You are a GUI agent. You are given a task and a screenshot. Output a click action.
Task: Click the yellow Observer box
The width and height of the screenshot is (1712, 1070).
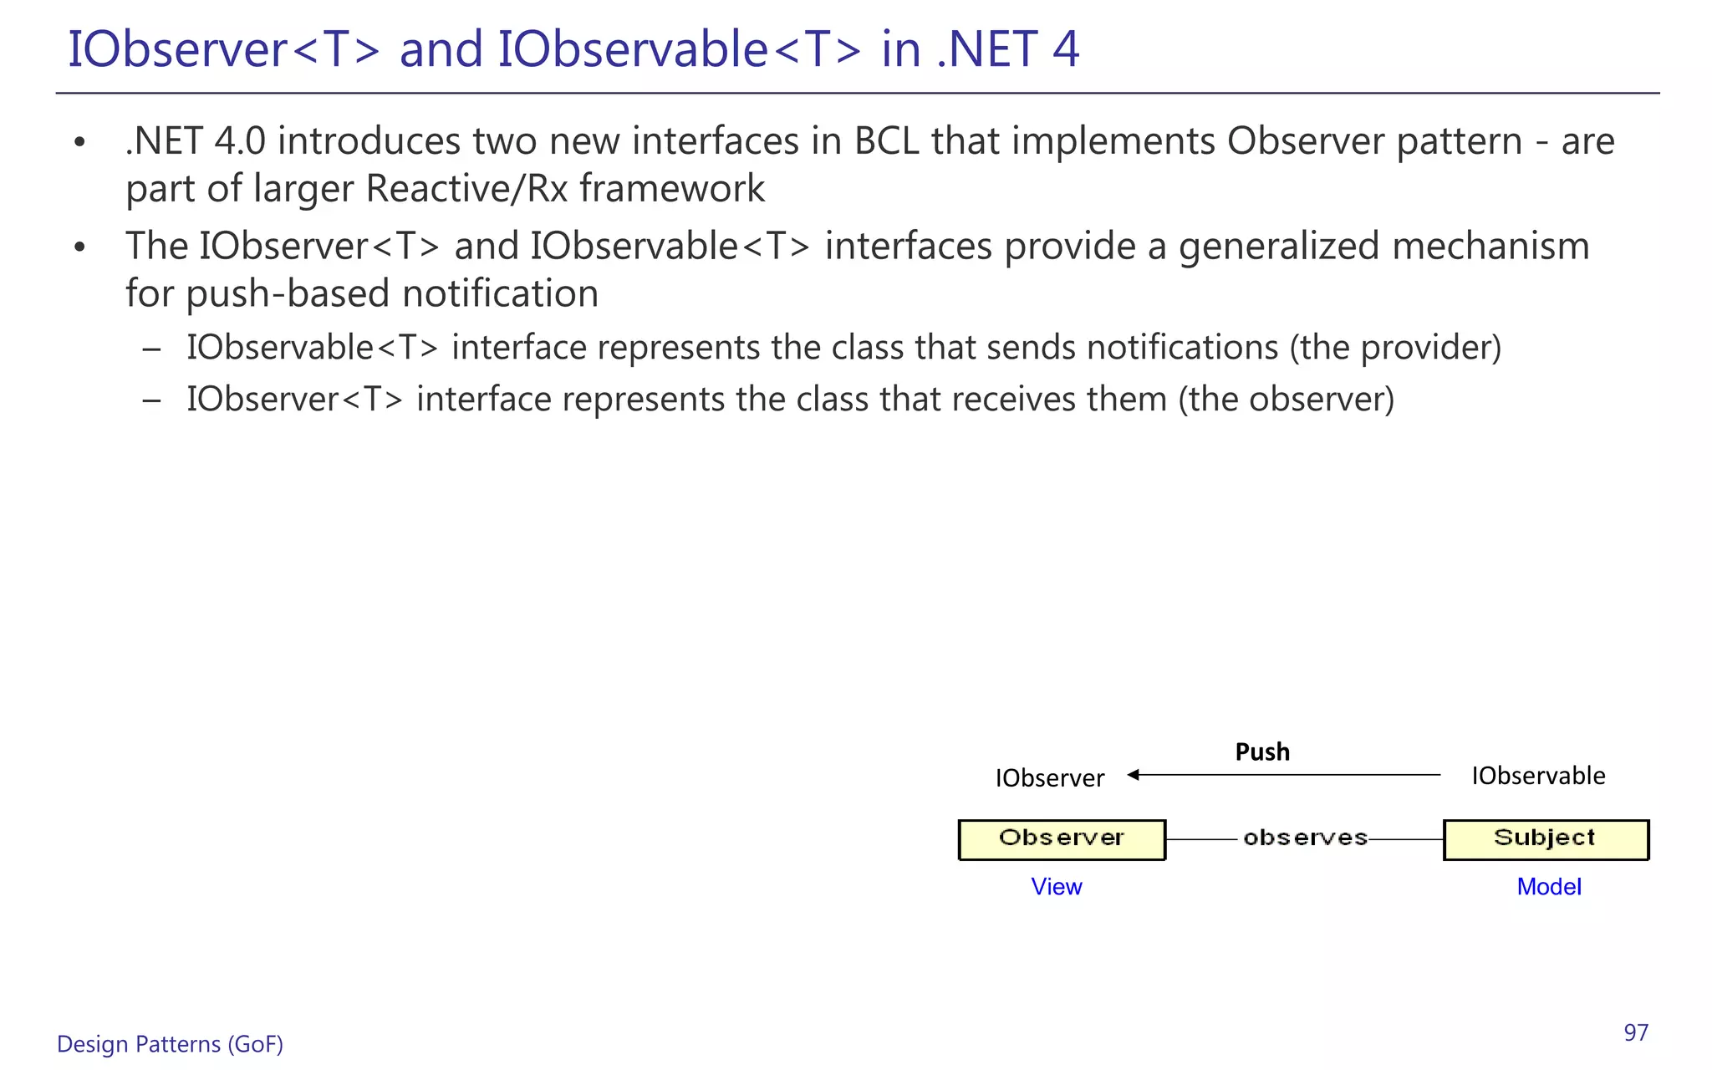coord(1062,839)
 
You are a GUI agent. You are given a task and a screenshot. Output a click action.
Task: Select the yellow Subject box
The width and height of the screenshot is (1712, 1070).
coord(1546,839)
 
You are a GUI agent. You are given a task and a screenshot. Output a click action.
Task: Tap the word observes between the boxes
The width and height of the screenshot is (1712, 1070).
coord(1305,838)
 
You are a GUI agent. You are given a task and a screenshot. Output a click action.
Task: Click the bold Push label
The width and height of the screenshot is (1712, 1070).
coord(1262,752)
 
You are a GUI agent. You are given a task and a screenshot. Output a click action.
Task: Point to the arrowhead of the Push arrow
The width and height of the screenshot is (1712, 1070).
coord(1134,775)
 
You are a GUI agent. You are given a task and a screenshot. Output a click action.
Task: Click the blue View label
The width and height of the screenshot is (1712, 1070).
coord(1057,886)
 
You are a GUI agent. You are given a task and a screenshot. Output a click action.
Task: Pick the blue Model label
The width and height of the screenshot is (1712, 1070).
coord(1549,886)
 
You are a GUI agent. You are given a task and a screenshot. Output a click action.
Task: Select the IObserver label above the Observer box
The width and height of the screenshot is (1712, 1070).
coord(1049,778)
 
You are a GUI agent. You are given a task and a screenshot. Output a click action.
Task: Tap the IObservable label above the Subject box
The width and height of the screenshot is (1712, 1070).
coord(1538,776)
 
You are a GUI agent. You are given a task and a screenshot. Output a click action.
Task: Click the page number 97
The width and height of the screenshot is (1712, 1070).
coord(1636,1033)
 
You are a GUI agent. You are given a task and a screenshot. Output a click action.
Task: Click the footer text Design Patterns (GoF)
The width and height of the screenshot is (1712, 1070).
coord(170,1044)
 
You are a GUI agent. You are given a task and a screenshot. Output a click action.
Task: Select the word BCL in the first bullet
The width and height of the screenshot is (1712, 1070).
coord(886,141)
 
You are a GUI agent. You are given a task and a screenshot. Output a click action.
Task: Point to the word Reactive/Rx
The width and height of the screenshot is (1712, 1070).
coord(466,189)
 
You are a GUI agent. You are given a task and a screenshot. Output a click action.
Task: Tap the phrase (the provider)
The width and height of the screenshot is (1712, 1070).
coord(1395,348)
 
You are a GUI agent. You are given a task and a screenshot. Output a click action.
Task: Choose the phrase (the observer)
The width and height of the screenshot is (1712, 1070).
coord(1286,400)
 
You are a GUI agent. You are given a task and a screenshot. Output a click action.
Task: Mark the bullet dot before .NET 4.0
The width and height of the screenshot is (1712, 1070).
coord(79,142)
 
